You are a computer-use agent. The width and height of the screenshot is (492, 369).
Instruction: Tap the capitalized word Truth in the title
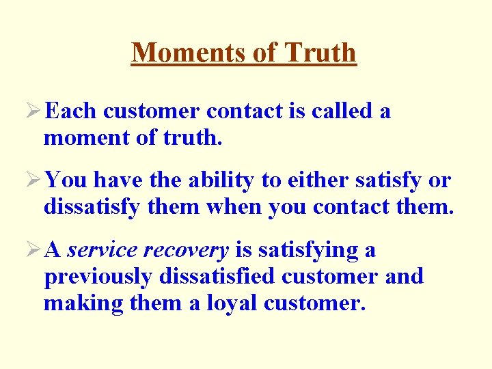pyautogui.click(x=321, y=53)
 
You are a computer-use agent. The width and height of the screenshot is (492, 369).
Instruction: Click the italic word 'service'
pyautogui.click(x=100, y=250)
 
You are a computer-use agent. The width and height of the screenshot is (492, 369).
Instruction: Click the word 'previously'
pyautogui.click(x=98, y=277)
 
